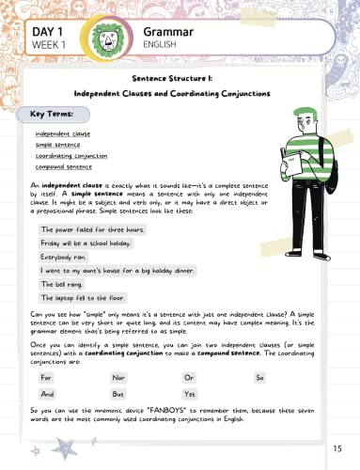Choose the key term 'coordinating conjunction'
[x=65, y=155]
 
